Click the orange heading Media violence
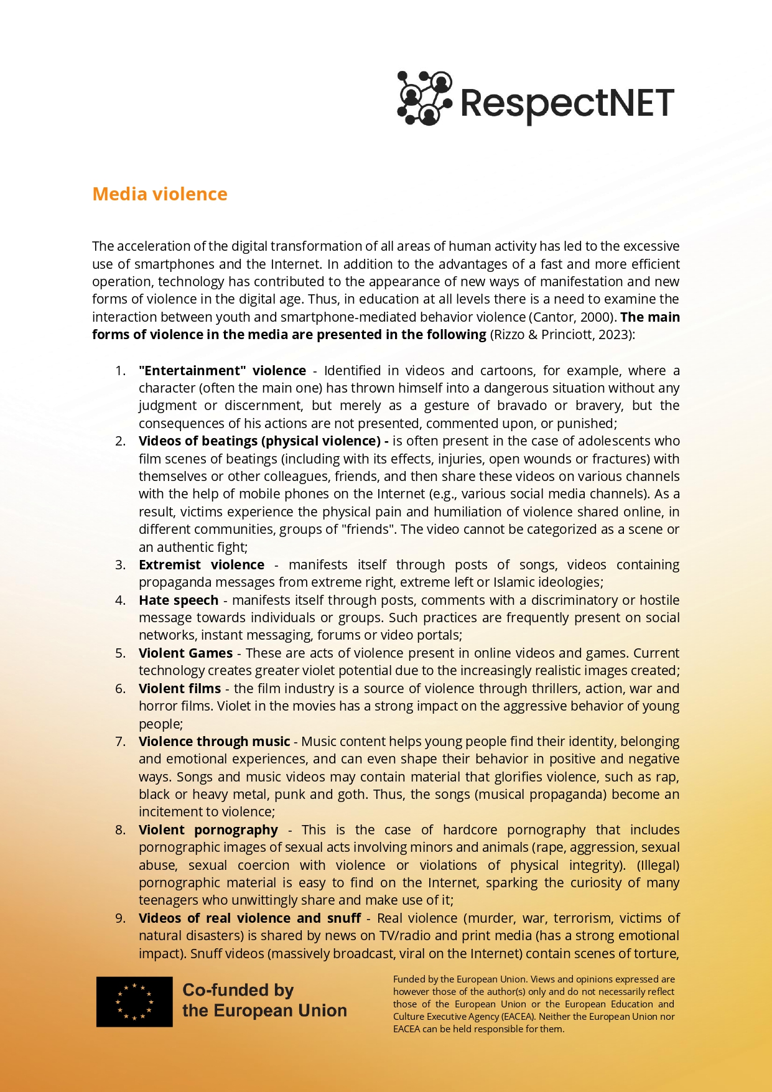(160, 194)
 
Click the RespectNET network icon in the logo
(424, 98)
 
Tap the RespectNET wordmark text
(567, 103)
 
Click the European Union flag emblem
(134, 1001)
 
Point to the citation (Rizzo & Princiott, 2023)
(562, 335)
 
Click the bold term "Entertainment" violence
(222, 371)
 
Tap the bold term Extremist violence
(202, 565)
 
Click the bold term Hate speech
(179, 600)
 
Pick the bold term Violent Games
(185, 653)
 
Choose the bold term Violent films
(180, 689)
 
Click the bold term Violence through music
(214, 742)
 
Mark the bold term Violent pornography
(208, 830)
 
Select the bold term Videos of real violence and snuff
(249, 918)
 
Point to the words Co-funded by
(238, 990)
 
